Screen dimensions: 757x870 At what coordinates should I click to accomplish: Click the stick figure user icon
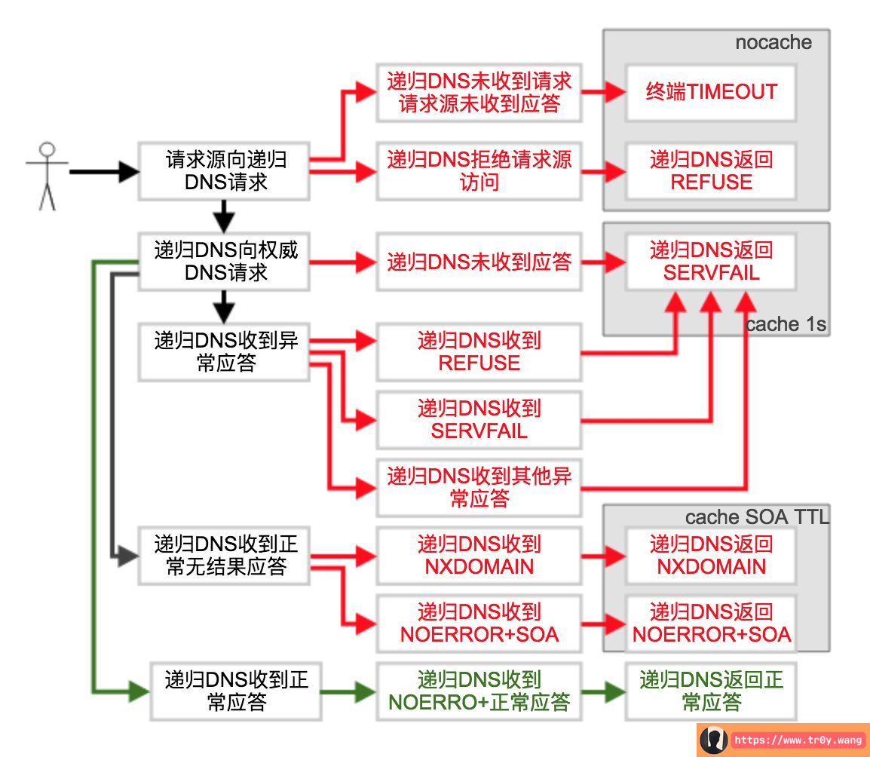[47, 175]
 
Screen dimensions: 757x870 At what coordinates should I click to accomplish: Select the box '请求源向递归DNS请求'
[224, 170]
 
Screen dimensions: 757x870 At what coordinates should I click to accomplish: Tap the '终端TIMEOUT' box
[711, 92]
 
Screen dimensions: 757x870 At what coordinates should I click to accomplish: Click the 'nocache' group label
[773, 42]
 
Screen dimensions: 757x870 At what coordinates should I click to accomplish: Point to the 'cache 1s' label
[786, 324]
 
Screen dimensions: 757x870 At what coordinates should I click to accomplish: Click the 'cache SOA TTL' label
[756, 517]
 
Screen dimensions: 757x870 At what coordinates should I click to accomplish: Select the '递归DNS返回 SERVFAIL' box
[711, 262]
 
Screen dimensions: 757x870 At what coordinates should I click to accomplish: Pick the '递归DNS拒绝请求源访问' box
[479, 170]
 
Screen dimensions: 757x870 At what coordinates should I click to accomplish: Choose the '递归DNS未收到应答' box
[479, 262]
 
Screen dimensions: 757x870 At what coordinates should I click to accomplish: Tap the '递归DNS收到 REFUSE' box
[479, 352]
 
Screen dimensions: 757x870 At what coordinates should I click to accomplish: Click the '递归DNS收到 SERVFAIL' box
[479, 420]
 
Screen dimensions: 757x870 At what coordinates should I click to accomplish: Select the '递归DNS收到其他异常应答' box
[479, 487]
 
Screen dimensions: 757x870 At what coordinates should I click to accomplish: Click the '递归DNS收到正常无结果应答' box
[224, 556]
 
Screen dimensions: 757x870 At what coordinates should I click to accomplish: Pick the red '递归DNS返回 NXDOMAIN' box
[711, 556]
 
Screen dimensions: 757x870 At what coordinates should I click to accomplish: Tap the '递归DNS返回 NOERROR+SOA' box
[711, 624]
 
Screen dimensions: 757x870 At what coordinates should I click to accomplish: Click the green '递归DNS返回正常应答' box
[711, 691]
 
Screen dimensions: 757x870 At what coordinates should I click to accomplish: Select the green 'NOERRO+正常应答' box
[479, 691]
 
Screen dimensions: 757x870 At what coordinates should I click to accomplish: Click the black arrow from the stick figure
[103, 172]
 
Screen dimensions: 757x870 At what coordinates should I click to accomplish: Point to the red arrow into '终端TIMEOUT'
[604, 93]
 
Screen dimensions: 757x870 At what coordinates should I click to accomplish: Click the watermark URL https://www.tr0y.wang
[798, 740]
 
